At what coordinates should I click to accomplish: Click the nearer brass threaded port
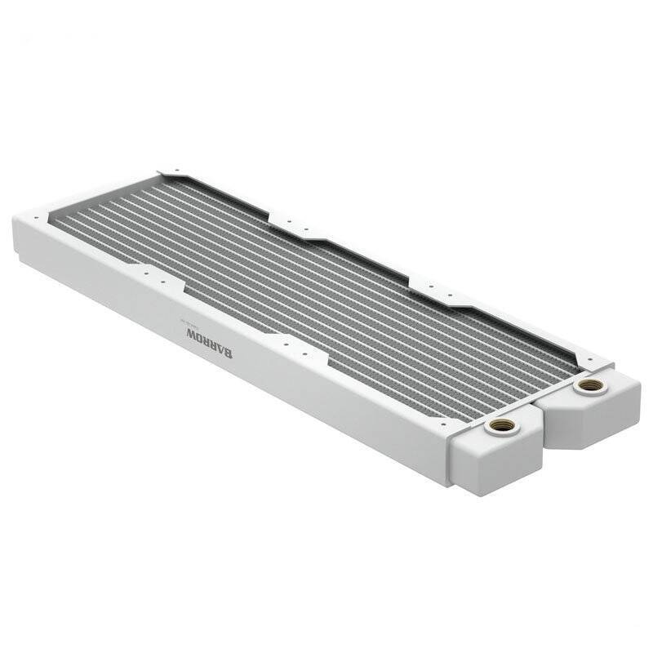tap(500, 425)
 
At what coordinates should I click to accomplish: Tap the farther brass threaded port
tap(589, 384)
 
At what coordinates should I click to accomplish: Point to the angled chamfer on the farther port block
tap(563, 433)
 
